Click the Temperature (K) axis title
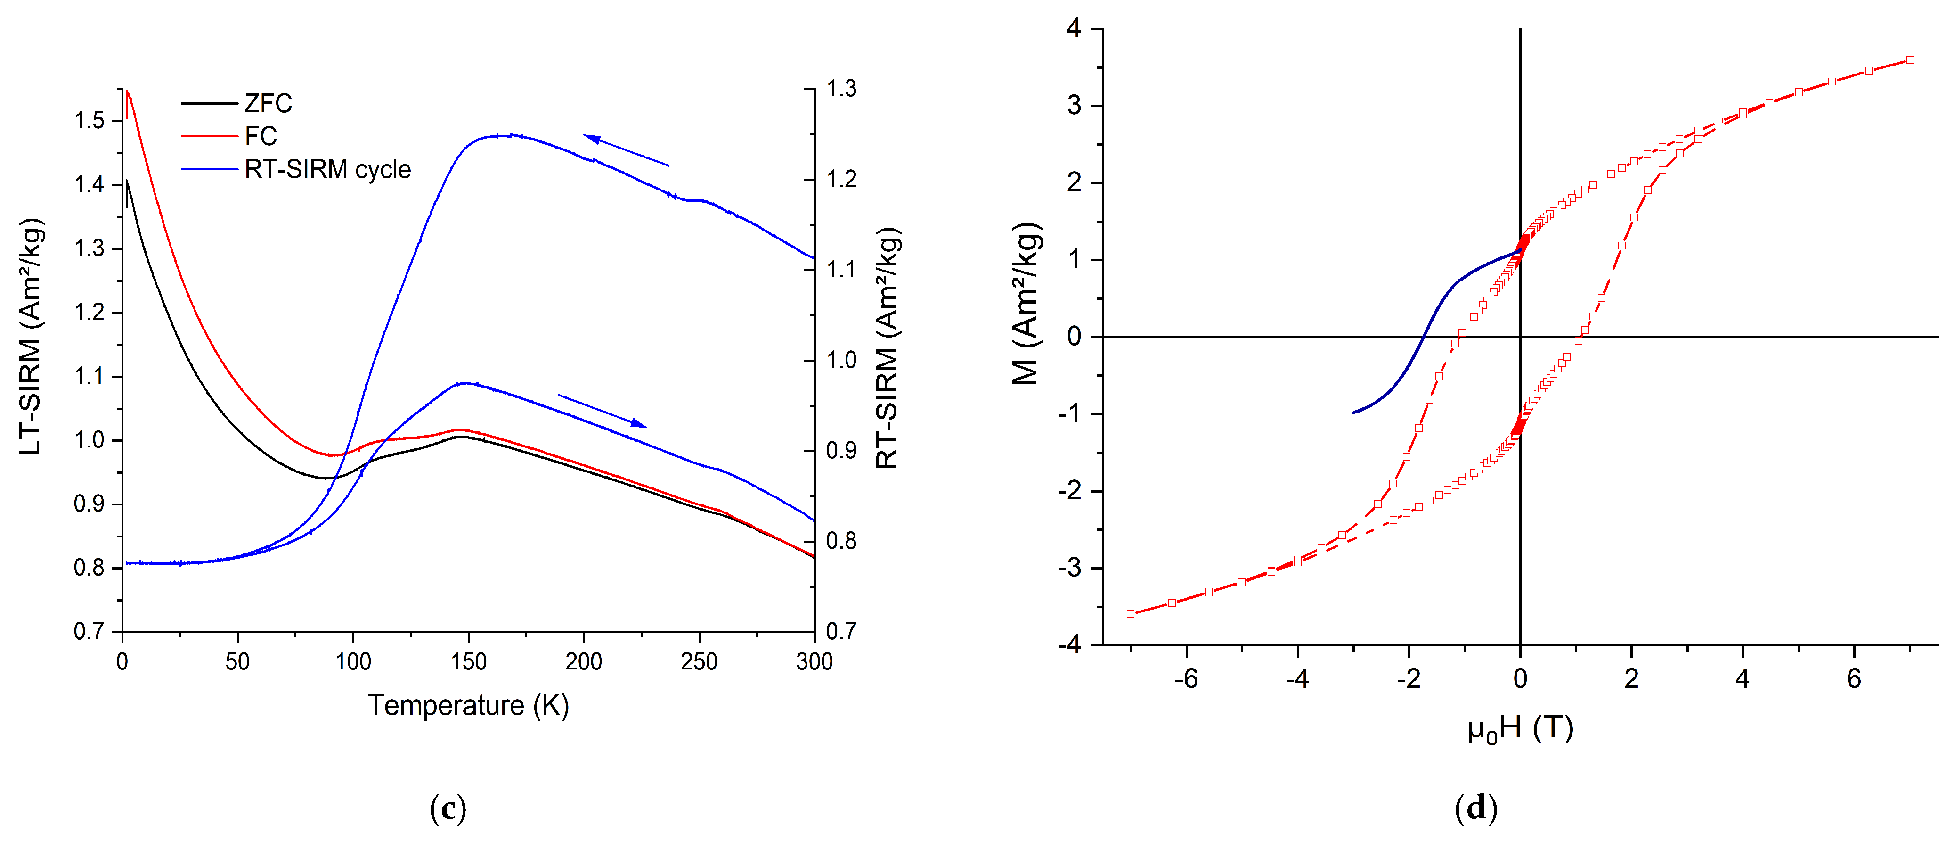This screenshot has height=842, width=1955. click(468, 705)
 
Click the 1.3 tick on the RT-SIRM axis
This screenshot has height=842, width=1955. click(841, 89)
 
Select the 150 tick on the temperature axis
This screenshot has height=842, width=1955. click(468, 662)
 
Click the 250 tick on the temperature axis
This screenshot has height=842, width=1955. click(699, 662)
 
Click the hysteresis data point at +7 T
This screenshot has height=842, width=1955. click(1909, 60)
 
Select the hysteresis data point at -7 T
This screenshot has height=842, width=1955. click(1131, 613)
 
